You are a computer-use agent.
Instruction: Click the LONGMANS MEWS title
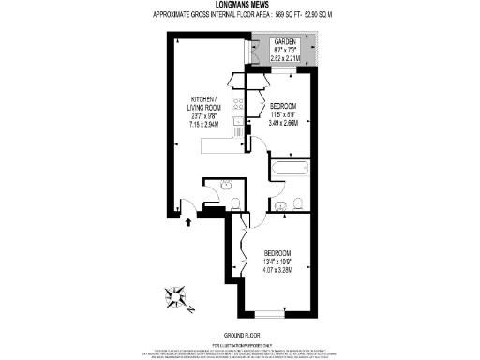(x=239, y=7)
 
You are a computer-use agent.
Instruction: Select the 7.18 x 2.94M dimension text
(x=204, y=122)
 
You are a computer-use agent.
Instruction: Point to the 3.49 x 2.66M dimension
(x=282, y=122)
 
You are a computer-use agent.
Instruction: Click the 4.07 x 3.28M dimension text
(x=277, y=270)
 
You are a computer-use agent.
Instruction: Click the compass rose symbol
(x=177, y=299)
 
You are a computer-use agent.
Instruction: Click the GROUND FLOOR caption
(x=239, y=335)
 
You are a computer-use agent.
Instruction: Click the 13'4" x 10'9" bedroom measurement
(x=277, y=262)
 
